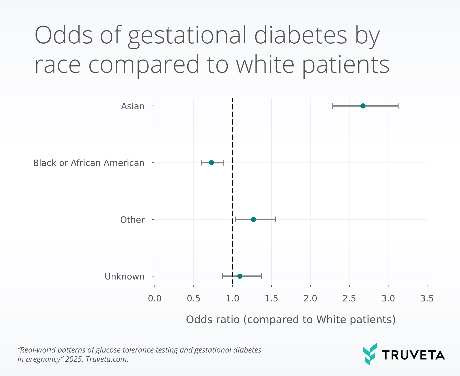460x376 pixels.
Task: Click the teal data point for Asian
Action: pyautogui.click(x=363, y=106)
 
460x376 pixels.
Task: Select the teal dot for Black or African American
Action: pyautogui.click(x=211, y=163)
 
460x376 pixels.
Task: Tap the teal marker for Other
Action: pyautogui.click(x=253, y=220)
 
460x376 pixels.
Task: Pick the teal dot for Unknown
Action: pyautogui.click(x=240, y=276)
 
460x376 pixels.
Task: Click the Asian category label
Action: pyautogui.click(x=133, y=106)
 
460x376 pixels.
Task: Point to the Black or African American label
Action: pyautogui.click(x=89, y=163)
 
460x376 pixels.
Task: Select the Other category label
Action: pyautogui.click(x=132, y=220)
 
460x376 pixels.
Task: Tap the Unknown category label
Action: pyautogui.click(x=124, y=276)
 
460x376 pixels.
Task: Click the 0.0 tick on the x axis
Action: pyautogui.click(x=155, y=298)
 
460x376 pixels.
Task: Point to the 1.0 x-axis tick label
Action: pyautogui.click(x=232, y=298)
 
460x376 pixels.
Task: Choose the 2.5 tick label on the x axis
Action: pyautogui.click(x=349, y=298)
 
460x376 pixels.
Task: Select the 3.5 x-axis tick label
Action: pyautogui.click(x=427, y=298)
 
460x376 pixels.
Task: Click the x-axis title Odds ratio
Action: pyautogui.click(x=291, y=320)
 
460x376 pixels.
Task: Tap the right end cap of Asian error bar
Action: pyautogui.click(x=398, y=106)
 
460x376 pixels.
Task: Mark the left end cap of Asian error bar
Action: pyautogui.click(x=332, y=106)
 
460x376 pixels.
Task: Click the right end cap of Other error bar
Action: pyautogui.click(x=275, y=220)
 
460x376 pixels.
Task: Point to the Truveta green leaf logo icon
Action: pyautogui.click(x=370, y=354)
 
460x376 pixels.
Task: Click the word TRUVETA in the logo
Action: pyautogui.click(x=413, y=355)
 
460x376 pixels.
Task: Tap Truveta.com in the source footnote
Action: pyautogui.click(x=107, y=359)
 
